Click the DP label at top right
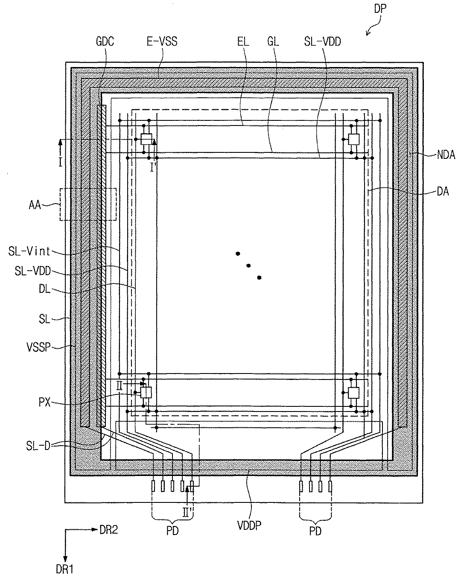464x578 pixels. pyautogui.click(x=380, y=9)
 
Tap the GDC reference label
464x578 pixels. pyautogui.click(x=105, y=41)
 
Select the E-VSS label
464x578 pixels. pyautogui.click(x=162, y=41)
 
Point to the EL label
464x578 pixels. pyautogui.click(x=243, y=41)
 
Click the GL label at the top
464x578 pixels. pyautogui.click(x=273, y=41)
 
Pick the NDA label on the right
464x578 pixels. pyautogui.click(x=446, y=155)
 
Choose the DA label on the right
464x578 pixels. pyautogui.click(x=443, y=192)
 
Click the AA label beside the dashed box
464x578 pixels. pyautogui.click(x=35, y=205)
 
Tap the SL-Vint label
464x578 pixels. pyautogui.click(x=29, y=251)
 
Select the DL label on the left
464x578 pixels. pyautogui.click(x=44, y=289)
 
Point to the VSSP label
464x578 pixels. pyautogui.click(x=38, y=347)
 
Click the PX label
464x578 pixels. pyautogui.click(x=44, y=402)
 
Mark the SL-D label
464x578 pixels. pyautogui.click(x=38, y=446)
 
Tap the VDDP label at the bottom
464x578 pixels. pyautogui.click(x=249, y=525)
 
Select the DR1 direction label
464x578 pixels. pyautogui.click(x=64, y=569)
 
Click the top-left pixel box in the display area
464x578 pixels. pyautogui.click(x=146, y=139)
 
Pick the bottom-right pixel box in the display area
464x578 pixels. pyautogui.click(x=353, y=393)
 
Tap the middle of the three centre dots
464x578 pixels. pyautogui.click(x=248, y=266)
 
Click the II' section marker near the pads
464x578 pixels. pyautogui.click(x=187, y=512)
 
